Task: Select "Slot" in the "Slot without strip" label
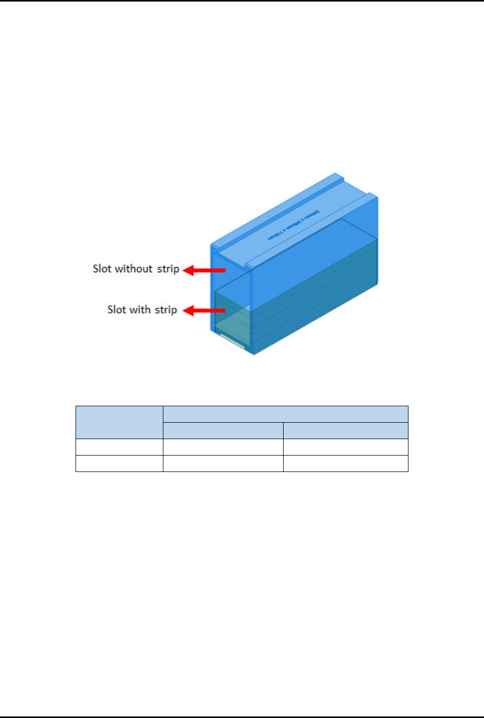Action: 102,269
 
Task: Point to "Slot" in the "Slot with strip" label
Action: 117,310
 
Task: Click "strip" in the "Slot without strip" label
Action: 168,269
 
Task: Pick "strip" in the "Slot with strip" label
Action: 166,310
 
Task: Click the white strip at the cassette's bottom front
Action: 232,340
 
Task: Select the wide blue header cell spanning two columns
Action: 285,414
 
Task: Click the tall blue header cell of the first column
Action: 119,422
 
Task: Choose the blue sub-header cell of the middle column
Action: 223,430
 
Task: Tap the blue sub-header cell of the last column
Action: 345,430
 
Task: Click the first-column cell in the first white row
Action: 119,447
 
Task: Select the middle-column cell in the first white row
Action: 223,447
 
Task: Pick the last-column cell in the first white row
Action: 345,447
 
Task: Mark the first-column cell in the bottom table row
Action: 119,463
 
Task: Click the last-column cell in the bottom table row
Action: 345,463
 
